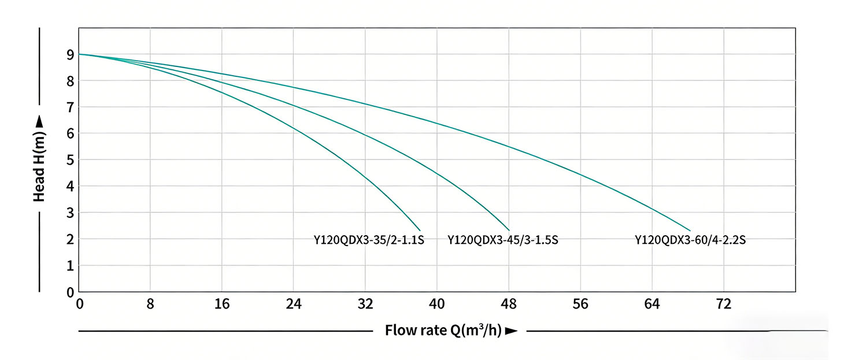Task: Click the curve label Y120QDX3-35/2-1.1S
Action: pyautogui.click(x=369, y=240)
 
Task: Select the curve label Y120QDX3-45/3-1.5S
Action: pyautogui.click(x=502, y=240)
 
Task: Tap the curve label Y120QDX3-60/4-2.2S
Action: pyautogui.click(x=690, y=240)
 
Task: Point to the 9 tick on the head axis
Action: pyautogui.click(x=70, y=55)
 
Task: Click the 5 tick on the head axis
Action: pyautogui.click(x=70, y=160)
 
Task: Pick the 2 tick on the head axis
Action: pyautogui.click(x=70, y=239)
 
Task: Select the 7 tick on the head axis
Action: pyautogui.click(x=70, y=107)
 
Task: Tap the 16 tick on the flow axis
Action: pyautogui.click(x=221, y=304)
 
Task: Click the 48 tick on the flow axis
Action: pyautogui.click(x=509, y=304)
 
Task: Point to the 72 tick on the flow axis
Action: pyautogui.click(x=724, y=304)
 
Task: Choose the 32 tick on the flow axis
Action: pyautogui.click(x=365, y=304)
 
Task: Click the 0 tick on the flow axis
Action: pyautogui.click(x=80, y=304)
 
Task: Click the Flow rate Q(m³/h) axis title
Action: pyautogui.click(x=443, y=331)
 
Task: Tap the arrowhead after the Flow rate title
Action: pyautogui.click(x=510, y=331)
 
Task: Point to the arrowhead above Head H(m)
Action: pyautogui.click(x=39, y=121)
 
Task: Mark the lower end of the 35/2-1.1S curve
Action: pyautogui.click(x=420, y=231)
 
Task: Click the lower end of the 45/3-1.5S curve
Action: pyautogui.click(x=509, y=230)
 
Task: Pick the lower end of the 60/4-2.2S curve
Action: pyautogui.click(x=690, y=231)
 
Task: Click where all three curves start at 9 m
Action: pyautogui.click(x=79, y=54)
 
